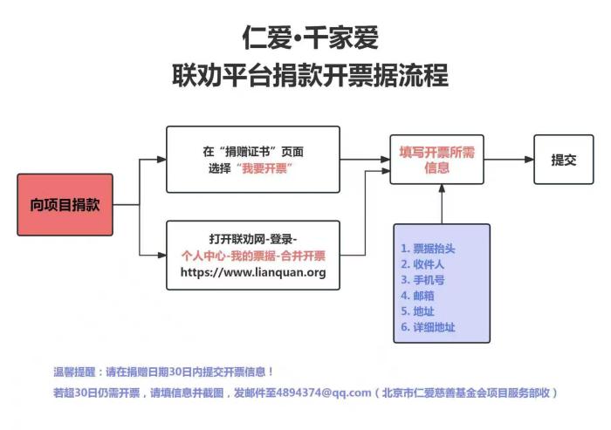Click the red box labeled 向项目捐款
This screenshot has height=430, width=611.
pyautogui.click(x=65, y=205)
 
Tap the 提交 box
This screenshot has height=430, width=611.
pyautogui.click(x=563, y=160)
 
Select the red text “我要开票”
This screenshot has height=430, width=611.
pyautogui.click(x=264, y=167)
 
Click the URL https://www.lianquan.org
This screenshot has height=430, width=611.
pyautogui.click(x=253, y=272)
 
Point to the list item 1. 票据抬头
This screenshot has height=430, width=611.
pyautogui.click(x=428, y=249)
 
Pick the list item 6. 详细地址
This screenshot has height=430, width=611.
pyautogui.click(x=428, y=327)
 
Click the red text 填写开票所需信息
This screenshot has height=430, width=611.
pyautogui.click(x=436, y=160)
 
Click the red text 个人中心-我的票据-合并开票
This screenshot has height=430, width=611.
pyautogui.click(x=253, y=256)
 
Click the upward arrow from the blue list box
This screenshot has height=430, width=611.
pyautogui.click(x=442, y=205)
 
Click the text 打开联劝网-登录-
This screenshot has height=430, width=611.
pyautogui.click(x=253, y=239)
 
